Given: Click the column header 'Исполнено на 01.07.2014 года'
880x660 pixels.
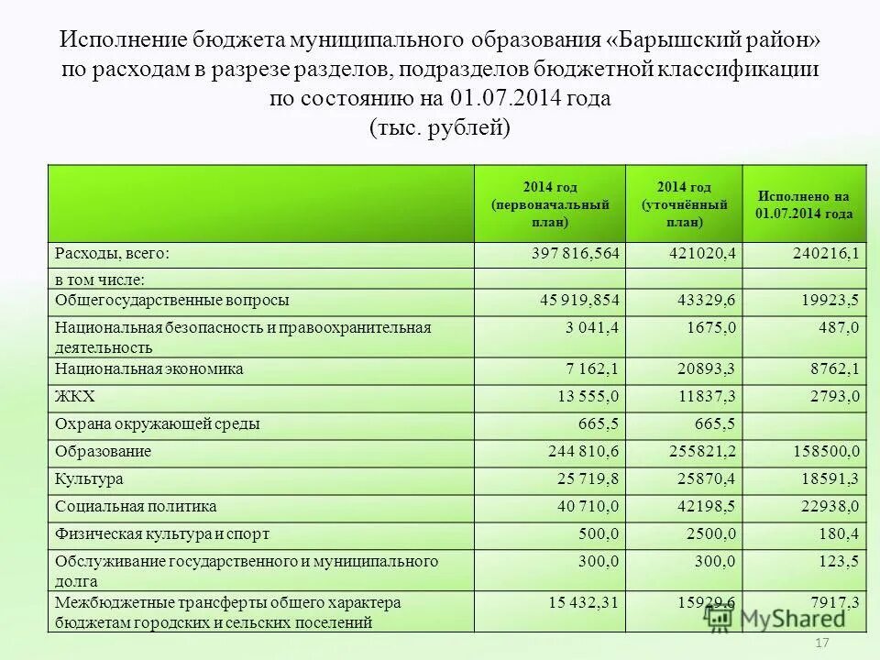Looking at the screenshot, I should click(x=804, y=204).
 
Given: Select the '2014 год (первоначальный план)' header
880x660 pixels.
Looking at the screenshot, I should click(x=550, y=204).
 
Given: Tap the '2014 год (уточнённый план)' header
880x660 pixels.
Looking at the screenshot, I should click(x=684, y=204).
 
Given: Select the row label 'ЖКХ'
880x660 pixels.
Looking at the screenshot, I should click(x=75, y=396).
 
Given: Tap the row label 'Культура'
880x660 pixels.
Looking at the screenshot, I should click(x=89, y=478).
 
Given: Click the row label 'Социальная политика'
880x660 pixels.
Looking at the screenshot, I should click(x=136, y=506).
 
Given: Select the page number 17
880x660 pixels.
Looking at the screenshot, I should click(x=821, y=644).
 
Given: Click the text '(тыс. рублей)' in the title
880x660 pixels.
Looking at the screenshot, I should click(x=439, y=127).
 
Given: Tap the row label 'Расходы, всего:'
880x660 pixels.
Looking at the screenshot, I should click(x=113, y=256).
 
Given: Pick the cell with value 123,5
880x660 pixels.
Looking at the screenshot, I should click(x=840, y=561).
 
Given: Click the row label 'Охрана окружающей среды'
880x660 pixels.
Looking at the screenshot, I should click(x=157, y=424).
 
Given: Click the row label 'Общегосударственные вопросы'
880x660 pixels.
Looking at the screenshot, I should click(x=172, y=301).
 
